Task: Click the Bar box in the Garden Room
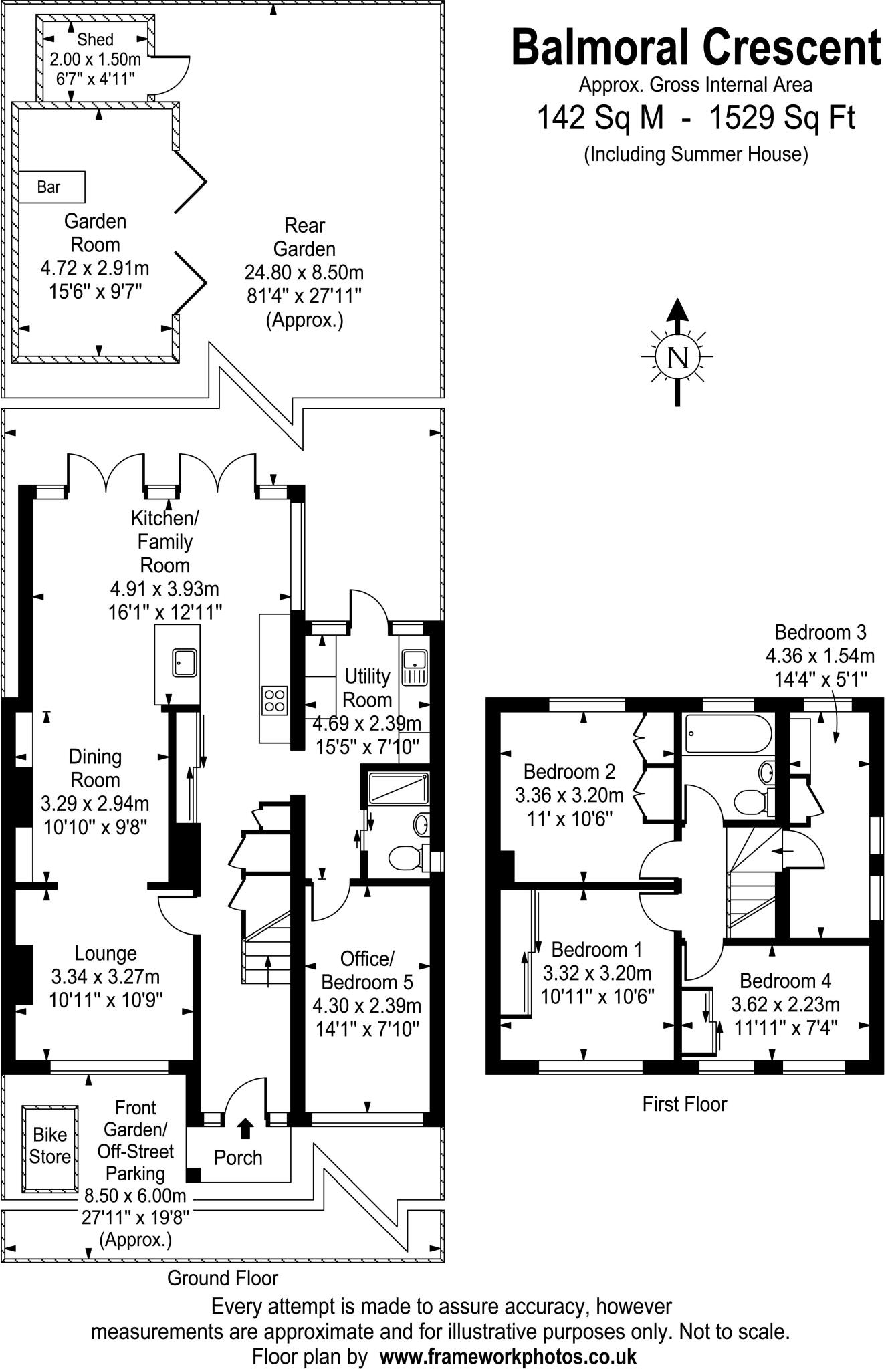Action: pos(51,187)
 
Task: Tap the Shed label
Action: pos(96,40)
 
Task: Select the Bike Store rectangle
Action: pos(50,1148)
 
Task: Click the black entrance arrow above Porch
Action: pos(245,1128)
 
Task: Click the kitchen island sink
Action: pos(184,662)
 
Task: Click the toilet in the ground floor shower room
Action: pos(405,857)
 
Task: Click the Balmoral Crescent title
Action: pos(695,48)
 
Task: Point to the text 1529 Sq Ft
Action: pos(782,119)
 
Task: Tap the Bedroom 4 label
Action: pos(785,981)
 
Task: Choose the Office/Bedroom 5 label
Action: pos(366,971)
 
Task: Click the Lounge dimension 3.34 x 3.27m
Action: pos(106,977)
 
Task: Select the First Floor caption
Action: pos(684,1104)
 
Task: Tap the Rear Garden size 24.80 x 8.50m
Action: pos(304,273)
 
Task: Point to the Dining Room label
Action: pos(96,768)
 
